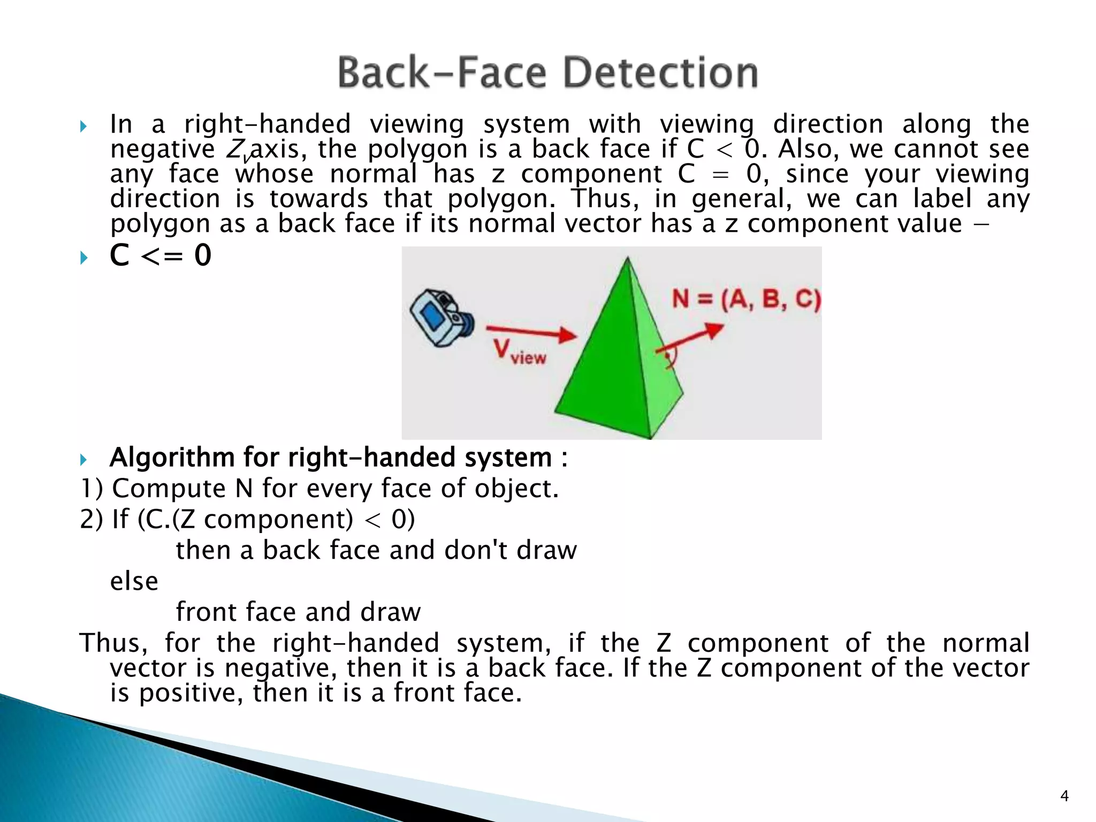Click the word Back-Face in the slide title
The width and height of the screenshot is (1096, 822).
point(442,73)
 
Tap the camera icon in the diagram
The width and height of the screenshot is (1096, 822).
point(440,318)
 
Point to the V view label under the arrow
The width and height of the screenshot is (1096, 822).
point(519,352)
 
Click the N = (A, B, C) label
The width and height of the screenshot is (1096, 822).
point(746,299)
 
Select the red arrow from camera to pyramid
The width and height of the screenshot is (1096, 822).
point(531,332)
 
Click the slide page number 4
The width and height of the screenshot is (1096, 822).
point(1064,796)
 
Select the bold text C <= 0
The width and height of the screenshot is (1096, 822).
point(161,255)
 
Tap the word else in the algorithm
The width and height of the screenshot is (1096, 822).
point(134,581)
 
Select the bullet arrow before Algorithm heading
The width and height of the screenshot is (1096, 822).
point(83,459)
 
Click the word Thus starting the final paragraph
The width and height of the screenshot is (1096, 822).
point(113,643)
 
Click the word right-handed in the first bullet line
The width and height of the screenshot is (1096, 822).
point(268,125)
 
